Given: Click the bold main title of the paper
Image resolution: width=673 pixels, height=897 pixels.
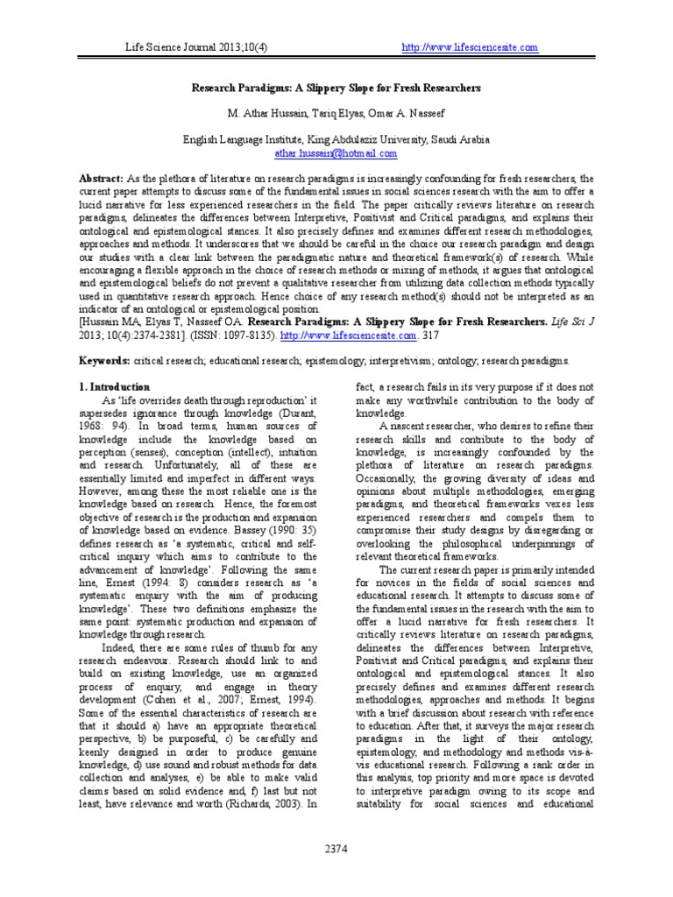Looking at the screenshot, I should [336, 89].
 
